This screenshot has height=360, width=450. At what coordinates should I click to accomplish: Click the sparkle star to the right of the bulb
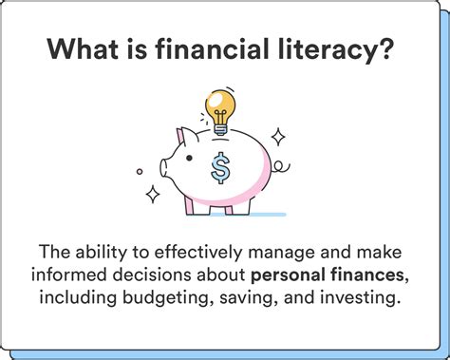(x=279, y=136)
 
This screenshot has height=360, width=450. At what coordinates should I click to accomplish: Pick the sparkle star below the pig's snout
(x=152, y=195)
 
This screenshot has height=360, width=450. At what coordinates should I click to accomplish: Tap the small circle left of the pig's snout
(x=140, y=172)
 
